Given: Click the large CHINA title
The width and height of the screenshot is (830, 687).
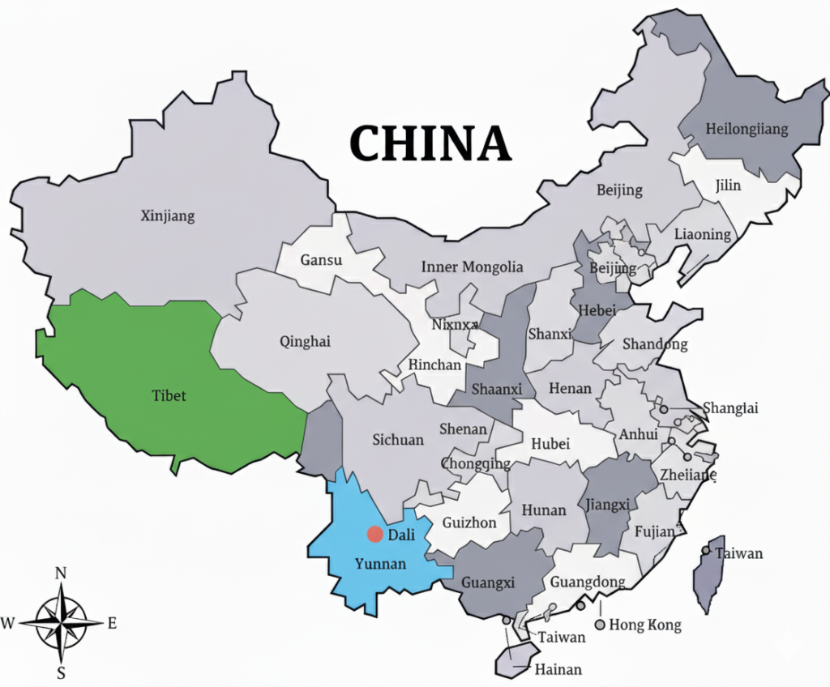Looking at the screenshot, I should pyautogui.click(x=430, y=143).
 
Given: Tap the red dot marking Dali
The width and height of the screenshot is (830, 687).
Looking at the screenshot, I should pyautogui.click(x=374, y=534).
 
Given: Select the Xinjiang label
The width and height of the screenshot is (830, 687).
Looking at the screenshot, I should pyautogui.click(x=168, y=216).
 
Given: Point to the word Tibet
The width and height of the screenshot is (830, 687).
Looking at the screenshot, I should pyautogui.click(x=169, y=395).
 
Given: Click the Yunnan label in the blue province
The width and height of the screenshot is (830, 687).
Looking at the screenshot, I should pyautogui.click(x=380, y=564).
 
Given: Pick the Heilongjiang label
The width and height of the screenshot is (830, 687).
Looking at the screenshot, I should pyautogui.click(x=747, y=129).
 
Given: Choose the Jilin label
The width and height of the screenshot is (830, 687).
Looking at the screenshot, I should pyautogui.click(x=728, y=186).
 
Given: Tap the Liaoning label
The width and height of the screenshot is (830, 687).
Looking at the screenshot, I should pyautogui.click(x=702, y=234).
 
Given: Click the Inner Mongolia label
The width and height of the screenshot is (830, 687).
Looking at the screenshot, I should pyautogui.click(x=472, y=267).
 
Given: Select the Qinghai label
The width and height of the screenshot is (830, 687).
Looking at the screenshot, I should pyautogui.click(x=305, y=341).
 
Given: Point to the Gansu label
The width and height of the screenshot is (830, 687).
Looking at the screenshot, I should pyautogui.click(x=321, y=260).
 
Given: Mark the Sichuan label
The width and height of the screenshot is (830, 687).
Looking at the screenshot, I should pyautogui.click(x=398, y=440).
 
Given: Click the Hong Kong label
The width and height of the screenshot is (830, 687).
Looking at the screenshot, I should pyautogui.click(x=645, y=625).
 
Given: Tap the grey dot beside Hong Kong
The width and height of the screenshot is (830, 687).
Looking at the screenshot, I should pyautogui.click(x=600, y=625).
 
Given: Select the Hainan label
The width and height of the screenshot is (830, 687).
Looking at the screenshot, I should pyautogui.click(x=558, y=669).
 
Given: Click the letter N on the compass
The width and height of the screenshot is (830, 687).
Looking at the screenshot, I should pyautogui.click(x=60, y=574).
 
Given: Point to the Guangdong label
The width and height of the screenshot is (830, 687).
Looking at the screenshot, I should pyautogui.click(x=588, y=582).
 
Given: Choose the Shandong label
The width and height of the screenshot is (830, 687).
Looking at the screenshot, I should pyautogui.click(x=655, y=344).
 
